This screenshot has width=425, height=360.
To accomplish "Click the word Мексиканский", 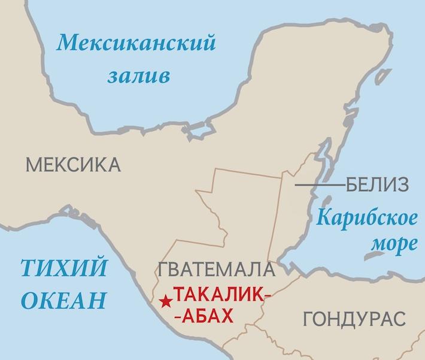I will [135, 44].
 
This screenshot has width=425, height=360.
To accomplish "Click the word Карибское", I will [366, 217].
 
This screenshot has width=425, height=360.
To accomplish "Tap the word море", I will [392, 244].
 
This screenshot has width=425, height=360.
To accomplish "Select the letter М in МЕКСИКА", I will [30, 164].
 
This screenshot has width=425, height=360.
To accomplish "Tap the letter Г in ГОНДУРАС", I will [308, 319].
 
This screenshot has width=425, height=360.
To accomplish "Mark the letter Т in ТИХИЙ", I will [25, 267].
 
